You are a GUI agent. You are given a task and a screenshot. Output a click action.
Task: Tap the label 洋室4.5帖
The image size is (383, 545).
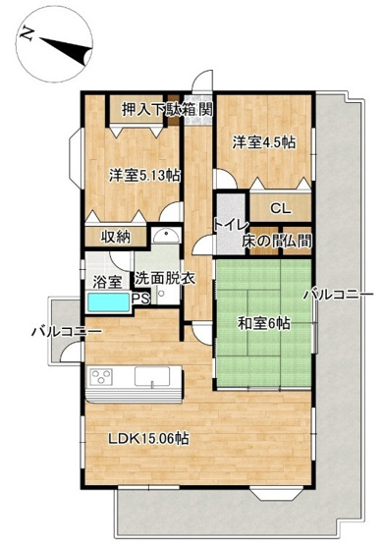pyautogui.click(x=264, y=141)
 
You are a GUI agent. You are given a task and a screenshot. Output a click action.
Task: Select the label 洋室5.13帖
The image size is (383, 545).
pyautogui.click(x=143, y=176)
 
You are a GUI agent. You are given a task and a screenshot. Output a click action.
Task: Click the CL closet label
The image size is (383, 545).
pyautogui.click(x=280, y=208)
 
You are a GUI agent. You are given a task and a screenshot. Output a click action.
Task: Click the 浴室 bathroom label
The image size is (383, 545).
pyautogui.click(x=106, y=282)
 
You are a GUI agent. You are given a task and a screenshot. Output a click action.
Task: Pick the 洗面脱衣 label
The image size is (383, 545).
pyautogui.click(x=166, y=278)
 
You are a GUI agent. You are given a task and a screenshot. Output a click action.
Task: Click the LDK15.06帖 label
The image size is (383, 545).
pyautogui.click(x=147, y=439)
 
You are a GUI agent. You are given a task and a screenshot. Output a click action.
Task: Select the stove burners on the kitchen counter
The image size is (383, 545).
pyautogui.click(x=103, y=377)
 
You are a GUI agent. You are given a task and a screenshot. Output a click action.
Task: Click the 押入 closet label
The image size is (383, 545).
pyautogui.click(x=137, y=109)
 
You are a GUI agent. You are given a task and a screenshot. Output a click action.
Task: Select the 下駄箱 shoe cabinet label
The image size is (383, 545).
pyautogui.click(x=178, y=109)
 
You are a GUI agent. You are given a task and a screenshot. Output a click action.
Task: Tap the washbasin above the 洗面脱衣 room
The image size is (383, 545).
pyautogui.click(x=164, y=237)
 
